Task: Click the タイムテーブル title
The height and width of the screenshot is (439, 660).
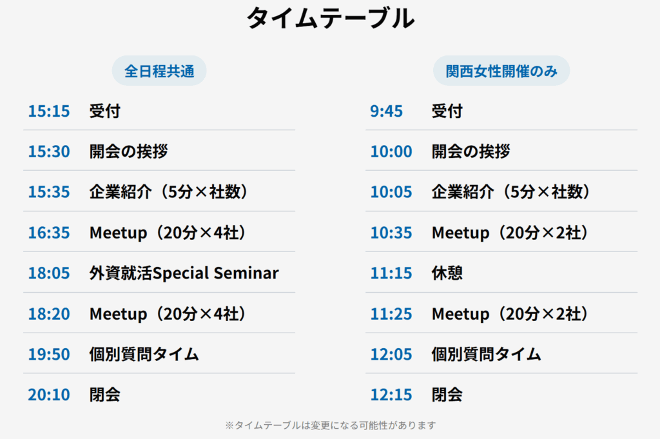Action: click(x=331, y=19)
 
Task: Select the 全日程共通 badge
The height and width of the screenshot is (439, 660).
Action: click(x=159, y=71)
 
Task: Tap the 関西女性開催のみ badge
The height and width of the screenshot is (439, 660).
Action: click(x=501, y=71)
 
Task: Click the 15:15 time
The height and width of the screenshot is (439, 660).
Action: click(x=49, y=111)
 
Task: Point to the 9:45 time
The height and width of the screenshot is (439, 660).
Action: click(x=387, y=111)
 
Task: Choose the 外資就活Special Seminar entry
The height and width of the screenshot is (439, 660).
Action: click(x=184, y=273)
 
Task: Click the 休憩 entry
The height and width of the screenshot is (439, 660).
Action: click(x=447, y=273)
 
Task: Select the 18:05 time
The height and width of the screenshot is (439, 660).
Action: click(x=49, y=273)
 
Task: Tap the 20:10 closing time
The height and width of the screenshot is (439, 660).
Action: click(x=49, y=395)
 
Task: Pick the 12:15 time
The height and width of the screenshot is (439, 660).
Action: click(x=391, y=395)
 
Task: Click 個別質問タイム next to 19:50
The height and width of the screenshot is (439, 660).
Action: click(x=144, y=355)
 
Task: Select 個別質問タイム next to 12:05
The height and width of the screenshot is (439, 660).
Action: click(x=486, y=355)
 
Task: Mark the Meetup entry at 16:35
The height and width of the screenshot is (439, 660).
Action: click(x=168, y=233)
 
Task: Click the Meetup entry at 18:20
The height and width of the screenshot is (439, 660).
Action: click(x=168, y=314)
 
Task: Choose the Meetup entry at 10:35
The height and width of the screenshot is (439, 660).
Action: click(x=510, y=233)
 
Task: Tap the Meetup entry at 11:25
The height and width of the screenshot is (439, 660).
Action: click(x=510, y=314)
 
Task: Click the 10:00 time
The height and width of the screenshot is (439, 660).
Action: click(x=391, y=151)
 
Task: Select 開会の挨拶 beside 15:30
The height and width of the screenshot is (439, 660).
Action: click(x=129, y=151)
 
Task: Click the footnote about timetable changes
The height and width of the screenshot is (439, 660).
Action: click(x=331, y=425)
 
